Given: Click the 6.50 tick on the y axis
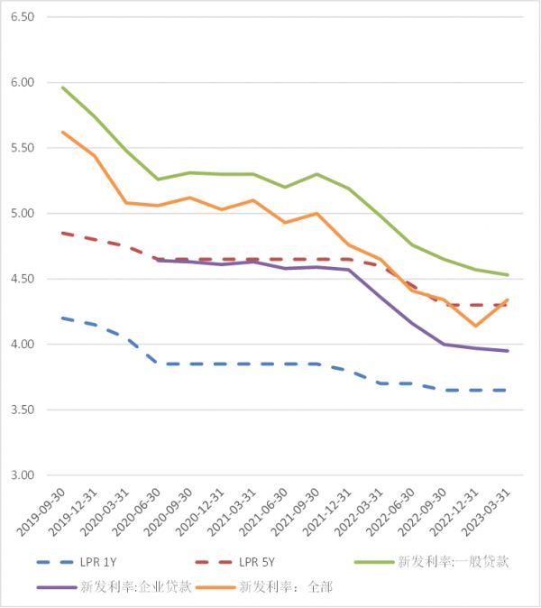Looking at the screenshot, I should (x=22, y=17).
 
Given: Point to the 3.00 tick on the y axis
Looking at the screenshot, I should (x=22, y=475).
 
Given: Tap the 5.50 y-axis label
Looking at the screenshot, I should (x=22, y=148).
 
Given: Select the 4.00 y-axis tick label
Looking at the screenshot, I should (x=22, y=345).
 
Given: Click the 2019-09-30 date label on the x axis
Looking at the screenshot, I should (x=44, y=514).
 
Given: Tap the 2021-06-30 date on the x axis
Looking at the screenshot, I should (x=266, y=514).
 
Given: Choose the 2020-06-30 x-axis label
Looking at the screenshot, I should (x=139, y=514).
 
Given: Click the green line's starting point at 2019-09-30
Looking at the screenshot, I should (x=62, y=88).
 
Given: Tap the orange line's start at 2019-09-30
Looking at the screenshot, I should (x=62, y=132).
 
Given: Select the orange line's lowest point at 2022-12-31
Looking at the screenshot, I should (x=475, y=326).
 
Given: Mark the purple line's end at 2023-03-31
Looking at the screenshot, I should (x=508, y=351).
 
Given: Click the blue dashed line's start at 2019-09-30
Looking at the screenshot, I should (x=62, y=318).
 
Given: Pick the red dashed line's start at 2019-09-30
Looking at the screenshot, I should (x=62, y=233).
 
